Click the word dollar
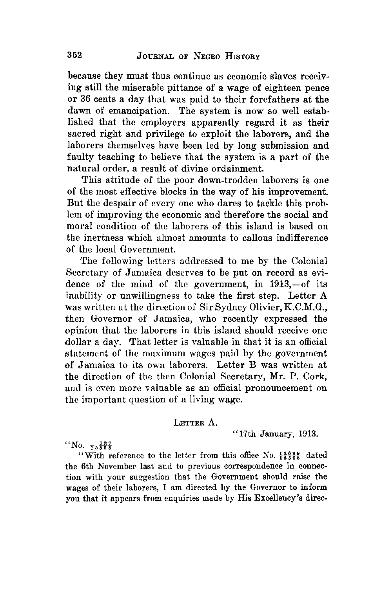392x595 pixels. (78, 342)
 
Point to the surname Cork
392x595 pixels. (314, 377)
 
